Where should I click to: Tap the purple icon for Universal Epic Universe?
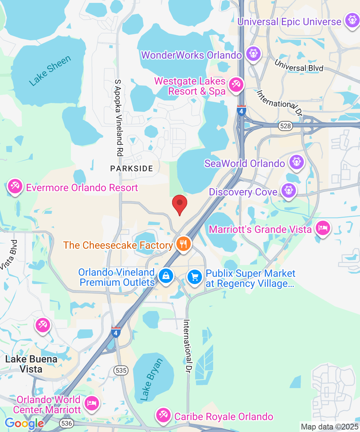click(x=351, y=21)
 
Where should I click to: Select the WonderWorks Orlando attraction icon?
click(x=253, y=54)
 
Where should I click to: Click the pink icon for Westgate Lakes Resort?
click(x=236, y=85)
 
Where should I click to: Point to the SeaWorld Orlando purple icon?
click(x=296, y=162)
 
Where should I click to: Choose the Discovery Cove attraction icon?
click(x=288, y=190)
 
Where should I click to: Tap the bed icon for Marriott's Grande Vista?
click(x=322, y=228)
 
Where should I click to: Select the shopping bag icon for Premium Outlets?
click(x=166, y=276)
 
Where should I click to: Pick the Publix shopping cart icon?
click(x=195, y=277)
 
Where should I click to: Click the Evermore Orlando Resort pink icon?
click(x=15, y=186)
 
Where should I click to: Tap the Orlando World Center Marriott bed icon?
click(x=91, y=402)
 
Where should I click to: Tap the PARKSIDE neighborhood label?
click(x=132, y=168)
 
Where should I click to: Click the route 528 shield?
click(x=284, y=126)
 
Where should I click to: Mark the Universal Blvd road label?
click(x=299, y=65)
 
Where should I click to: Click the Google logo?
click(x=24, y=423)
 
